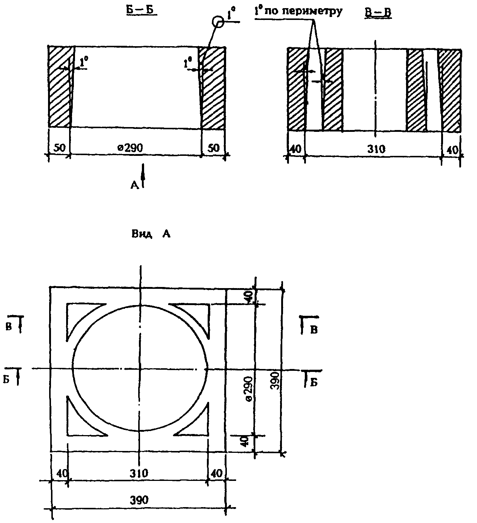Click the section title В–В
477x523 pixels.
click(378, 13)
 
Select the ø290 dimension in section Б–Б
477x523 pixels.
click(130, 147)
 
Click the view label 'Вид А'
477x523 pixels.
click(151, 234)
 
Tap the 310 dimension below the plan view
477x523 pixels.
click(139, 473)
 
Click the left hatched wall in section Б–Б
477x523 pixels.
click(59, 87)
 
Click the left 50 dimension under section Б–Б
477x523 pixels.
click(59, 147)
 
